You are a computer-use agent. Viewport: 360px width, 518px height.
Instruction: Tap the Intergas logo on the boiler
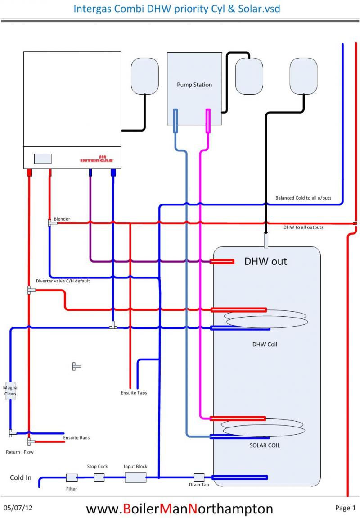point(97,159)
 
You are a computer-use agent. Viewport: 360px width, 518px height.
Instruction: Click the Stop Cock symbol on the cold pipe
point(99,477)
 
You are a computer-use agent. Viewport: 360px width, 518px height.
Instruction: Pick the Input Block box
point(135,477)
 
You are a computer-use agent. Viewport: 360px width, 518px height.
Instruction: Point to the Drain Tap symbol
point(199,477)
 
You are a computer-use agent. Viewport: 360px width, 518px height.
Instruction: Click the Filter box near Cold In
point(72,477)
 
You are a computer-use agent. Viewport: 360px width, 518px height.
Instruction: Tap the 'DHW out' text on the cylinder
point(265,261)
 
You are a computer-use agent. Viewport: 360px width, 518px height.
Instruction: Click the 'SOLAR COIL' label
point(265,445)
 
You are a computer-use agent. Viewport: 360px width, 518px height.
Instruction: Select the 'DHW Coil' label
point(265,345)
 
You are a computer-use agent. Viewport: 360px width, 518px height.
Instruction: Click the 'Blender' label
point(62,219)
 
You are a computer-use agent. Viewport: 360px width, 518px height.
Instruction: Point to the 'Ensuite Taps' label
point(134,393)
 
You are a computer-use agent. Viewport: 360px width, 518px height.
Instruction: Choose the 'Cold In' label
point(21,477)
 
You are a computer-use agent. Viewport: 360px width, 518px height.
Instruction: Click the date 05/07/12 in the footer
point(18,508)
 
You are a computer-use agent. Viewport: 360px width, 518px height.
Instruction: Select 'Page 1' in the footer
point(345,508)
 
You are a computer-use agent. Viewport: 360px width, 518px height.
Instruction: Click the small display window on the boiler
point(43,159)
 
